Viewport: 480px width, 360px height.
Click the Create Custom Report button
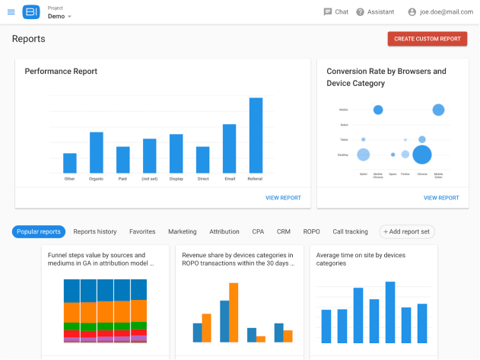click(x=427, y=39)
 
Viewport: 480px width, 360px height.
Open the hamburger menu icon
click(x=11, y=12)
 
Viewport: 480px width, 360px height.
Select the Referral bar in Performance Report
click(x=256, y=135)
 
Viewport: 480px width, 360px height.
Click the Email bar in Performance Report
click(x=229, y=148)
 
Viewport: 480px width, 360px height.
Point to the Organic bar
click(x=96, y=152)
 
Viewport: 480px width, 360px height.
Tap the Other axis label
click(x=70, y=179)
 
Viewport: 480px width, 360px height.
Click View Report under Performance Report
click(x=283, y=198)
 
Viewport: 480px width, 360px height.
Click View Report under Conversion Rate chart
click(x=441, y=198)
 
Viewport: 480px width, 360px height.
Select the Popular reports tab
click(x=39, y=231)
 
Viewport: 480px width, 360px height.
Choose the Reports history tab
click(x=95, y=231)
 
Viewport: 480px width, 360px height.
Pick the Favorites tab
click(x=142, y=231)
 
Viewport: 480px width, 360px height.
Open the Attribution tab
click(x=224, y=231)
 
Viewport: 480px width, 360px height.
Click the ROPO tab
click(x=311, y=231)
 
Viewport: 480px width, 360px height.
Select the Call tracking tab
click(x=350, y=231)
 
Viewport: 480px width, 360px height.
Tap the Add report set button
click(x=407, y=231)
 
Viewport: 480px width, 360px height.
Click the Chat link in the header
click(x=335, y=12)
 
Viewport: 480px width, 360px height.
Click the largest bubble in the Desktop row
click(x=421, y=155)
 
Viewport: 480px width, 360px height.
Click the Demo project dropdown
click(x=59, y=16)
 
